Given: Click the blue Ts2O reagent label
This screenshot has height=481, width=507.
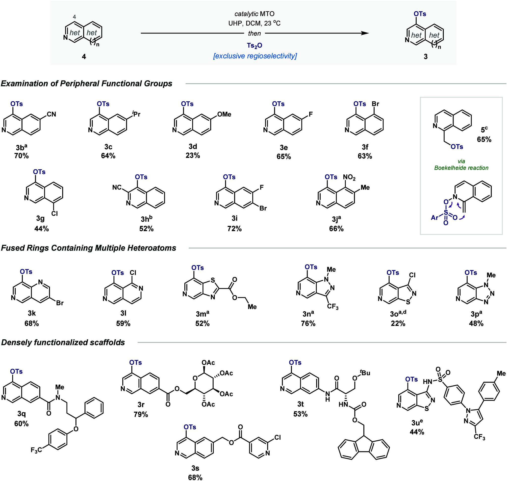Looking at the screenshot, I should click(x=254, y=46).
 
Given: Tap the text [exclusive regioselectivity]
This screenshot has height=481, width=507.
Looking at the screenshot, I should click(x=255, y=56).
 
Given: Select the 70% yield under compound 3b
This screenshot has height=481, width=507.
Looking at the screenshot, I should click(x=22, y=156).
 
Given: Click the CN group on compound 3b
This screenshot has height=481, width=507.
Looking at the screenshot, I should click(x=51, y=114).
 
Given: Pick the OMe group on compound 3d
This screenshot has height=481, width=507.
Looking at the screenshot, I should click(x=224, y=114).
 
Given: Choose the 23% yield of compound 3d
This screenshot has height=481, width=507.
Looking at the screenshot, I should click(x=193, y=156).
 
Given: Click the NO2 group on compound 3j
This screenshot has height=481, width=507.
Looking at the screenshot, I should click(x=349, y=177).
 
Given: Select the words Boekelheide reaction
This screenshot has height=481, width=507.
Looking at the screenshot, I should click(x=461, y=168).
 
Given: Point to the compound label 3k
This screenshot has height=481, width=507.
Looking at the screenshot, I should click(x=31, y=314).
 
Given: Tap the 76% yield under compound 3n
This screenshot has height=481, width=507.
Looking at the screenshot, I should click(x=308, y=323).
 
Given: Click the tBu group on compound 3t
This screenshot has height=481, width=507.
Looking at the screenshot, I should click(x=365, y=373).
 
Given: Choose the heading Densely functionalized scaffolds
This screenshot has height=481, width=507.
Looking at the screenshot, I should click(x=63, y=342).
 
